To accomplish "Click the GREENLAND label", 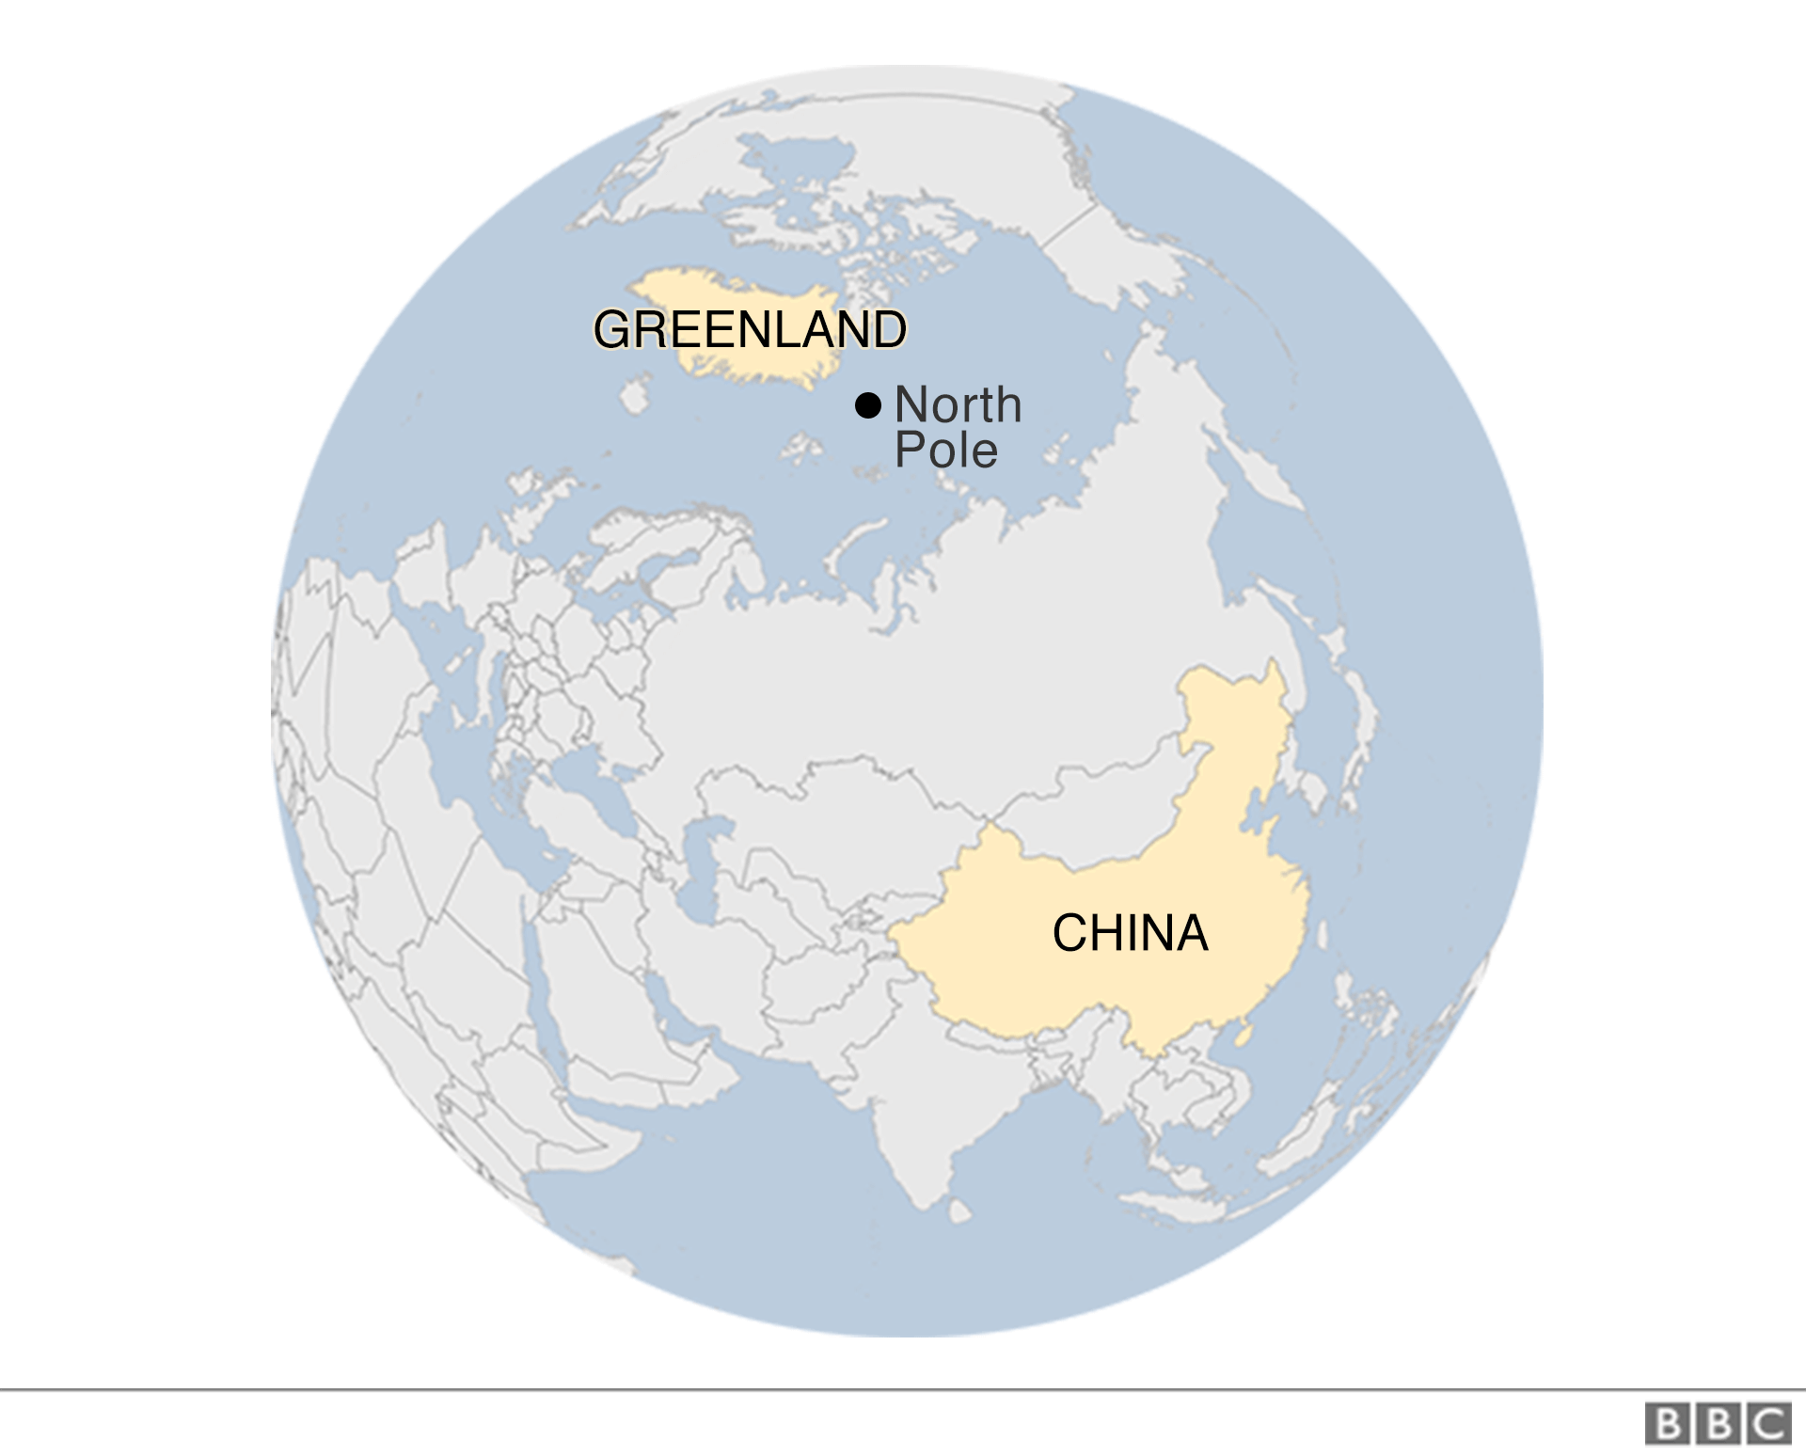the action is coord(750,329).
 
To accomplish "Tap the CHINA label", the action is coord(1130,933).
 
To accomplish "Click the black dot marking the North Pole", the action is coord(867,405).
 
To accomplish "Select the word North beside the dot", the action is coord(958,405).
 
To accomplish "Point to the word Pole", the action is coord(945,451).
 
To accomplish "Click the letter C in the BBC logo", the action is coord(1769,1423).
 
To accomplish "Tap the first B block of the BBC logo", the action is coord(1668,1423).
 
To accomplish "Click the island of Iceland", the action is coord(635,396).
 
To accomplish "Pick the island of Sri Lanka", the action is coord(959,1211).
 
